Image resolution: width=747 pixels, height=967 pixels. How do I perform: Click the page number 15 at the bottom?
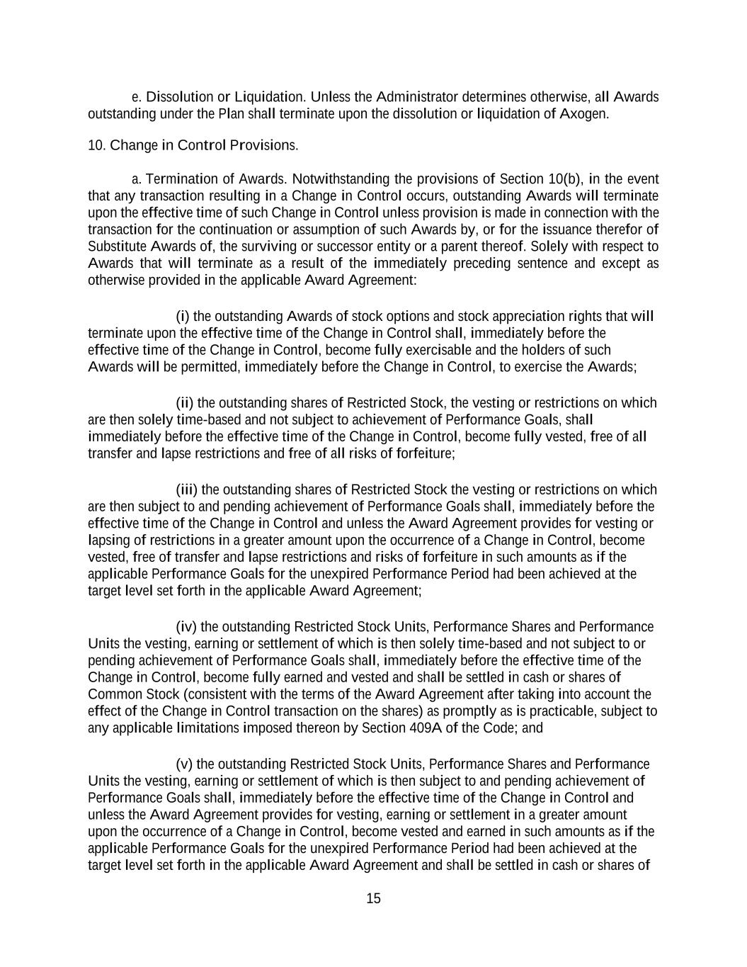tap(373, 898)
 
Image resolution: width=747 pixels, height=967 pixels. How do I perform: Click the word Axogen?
tap(585, 113)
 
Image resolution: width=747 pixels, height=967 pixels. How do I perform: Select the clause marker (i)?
tap(183, 315)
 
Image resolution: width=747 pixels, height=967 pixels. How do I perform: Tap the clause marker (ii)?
tap(185, 402)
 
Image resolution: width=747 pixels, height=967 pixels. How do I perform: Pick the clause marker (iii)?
tap(187, 490)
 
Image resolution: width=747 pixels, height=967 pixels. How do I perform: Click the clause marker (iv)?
tap(186, 626)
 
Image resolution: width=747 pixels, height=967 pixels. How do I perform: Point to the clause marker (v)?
tap(184, 764)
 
